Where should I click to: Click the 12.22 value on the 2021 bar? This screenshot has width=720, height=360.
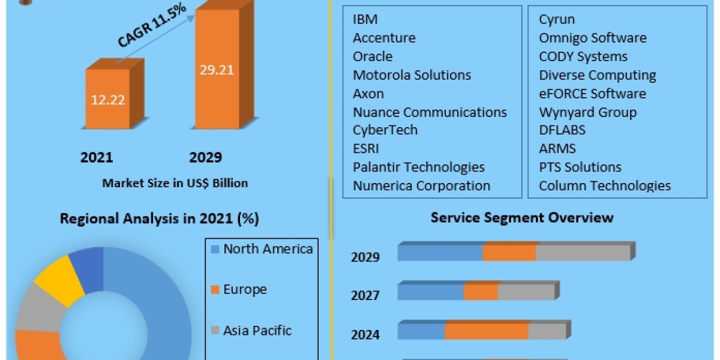[108, 100]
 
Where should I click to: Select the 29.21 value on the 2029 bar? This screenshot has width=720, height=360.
[217, 70]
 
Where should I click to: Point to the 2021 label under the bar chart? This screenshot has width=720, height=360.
[97, 158]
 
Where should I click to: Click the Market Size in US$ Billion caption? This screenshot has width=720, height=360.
[175, 183]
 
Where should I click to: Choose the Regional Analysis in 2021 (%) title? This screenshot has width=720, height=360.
[159, 219]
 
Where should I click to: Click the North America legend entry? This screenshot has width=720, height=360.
[268, 249]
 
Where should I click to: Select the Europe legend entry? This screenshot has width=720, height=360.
[245, 289]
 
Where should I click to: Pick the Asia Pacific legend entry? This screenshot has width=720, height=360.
[257, 330]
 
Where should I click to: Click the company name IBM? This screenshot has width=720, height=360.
[365, 19]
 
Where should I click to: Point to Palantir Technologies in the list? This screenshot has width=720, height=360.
[418, 167]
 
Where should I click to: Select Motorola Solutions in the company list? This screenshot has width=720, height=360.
[412, 75]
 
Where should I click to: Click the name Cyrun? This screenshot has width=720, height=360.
[557, 19]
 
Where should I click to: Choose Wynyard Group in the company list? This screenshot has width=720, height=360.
[587, 112]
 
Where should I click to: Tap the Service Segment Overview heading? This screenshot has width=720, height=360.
[522, 217]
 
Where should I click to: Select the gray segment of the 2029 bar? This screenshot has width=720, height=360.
[583, 253]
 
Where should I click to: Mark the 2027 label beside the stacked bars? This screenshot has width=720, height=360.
[365, 295]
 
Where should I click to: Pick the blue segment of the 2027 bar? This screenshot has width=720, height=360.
[430, 293]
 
